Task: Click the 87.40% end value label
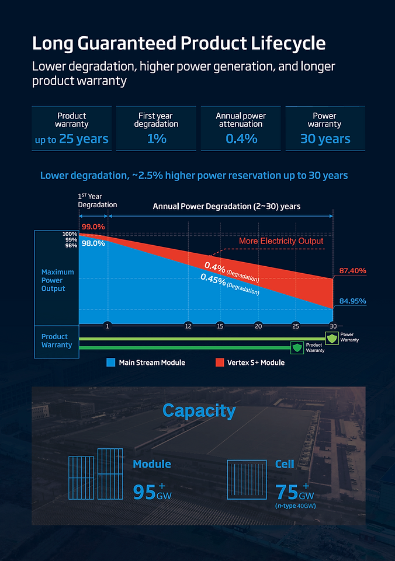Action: [x=352, y=271]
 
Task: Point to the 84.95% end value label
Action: [x=352, y=301]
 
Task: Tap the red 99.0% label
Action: [x=93, y=227]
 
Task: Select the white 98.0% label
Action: [x=93, y=243]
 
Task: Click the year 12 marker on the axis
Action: [x=188, y=326]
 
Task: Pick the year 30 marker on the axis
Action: [x=333, y=326]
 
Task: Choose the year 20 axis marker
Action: [x=258, y=326]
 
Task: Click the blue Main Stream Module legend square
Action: [x=110, y=363]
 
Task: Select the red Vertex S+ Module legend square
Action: [x=219, y=363]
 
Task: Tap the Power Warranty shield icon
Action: [x=332, y=337]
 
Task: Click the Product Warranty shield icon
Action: [x=298, y=347]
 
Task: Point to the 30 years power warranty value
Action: [x=325, y=139]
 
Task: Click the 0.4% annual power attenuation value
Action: [x=241, y=139]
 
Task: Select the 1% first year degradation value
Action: [x=156, y=139]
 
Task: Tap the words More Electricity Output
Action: [x=281, y=241]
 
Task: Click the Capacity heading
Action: [x=199, y=410]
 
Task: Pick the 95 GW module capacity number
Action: [x=145, y=492]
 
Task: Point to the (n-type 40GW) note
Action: [x=295, y=506]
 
